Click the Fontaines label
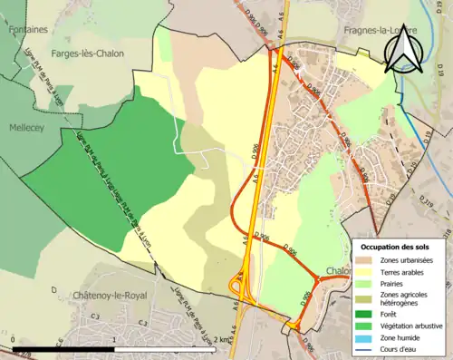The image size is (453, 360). pos(28,29)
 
